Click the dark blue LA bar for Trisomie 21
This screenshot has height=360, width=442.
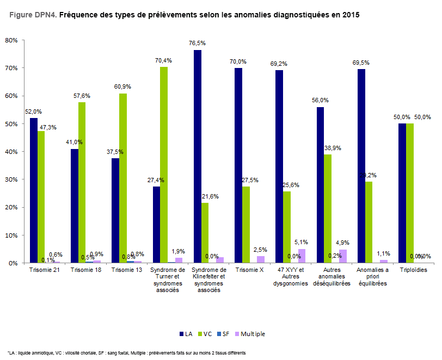tap(34, 190)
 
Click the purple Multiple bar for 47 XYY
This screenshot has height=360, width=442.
tap(302, 256)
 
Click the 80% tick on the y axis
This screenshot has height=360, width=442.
tap(11, 41)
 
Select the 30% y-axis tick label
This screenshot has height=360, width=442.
tap(11, 180)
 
